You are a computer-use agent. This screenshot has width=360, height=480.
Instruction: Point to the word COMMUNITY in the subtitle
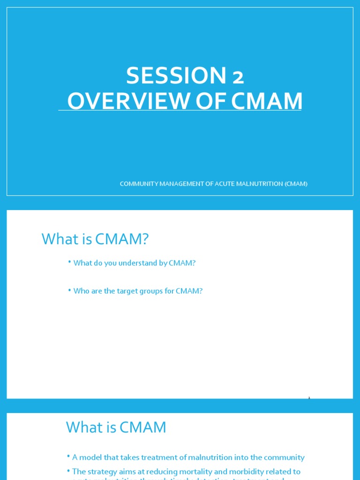click(137, 184)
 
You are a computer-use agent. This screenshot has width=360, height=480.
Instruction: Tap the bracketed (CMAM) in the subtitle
click(296, 184)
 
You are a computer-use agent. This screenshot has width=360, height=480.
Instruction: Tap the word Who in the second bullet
click(81, 291)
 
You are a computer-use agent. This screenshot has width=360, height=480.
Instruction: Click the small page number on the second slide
click(309, 398)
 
